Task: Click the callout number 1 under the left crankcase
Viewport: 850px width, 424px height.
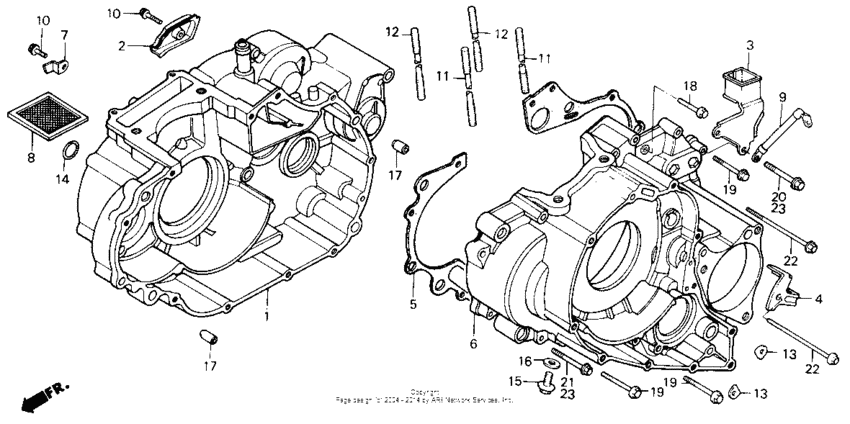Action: tap(266, 317)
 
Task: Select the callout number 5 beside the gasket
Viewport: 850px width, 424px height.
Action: tap(410, 304)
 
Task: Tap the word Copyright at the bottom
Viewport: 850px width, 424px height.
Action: tap(424, 392)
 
